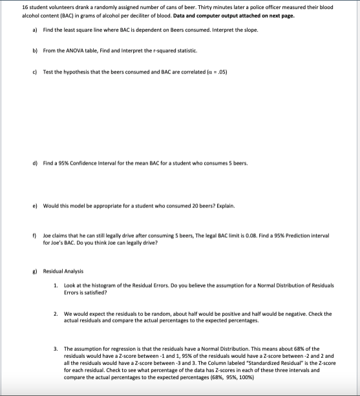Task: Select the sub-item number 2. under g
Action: (56, 314)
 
